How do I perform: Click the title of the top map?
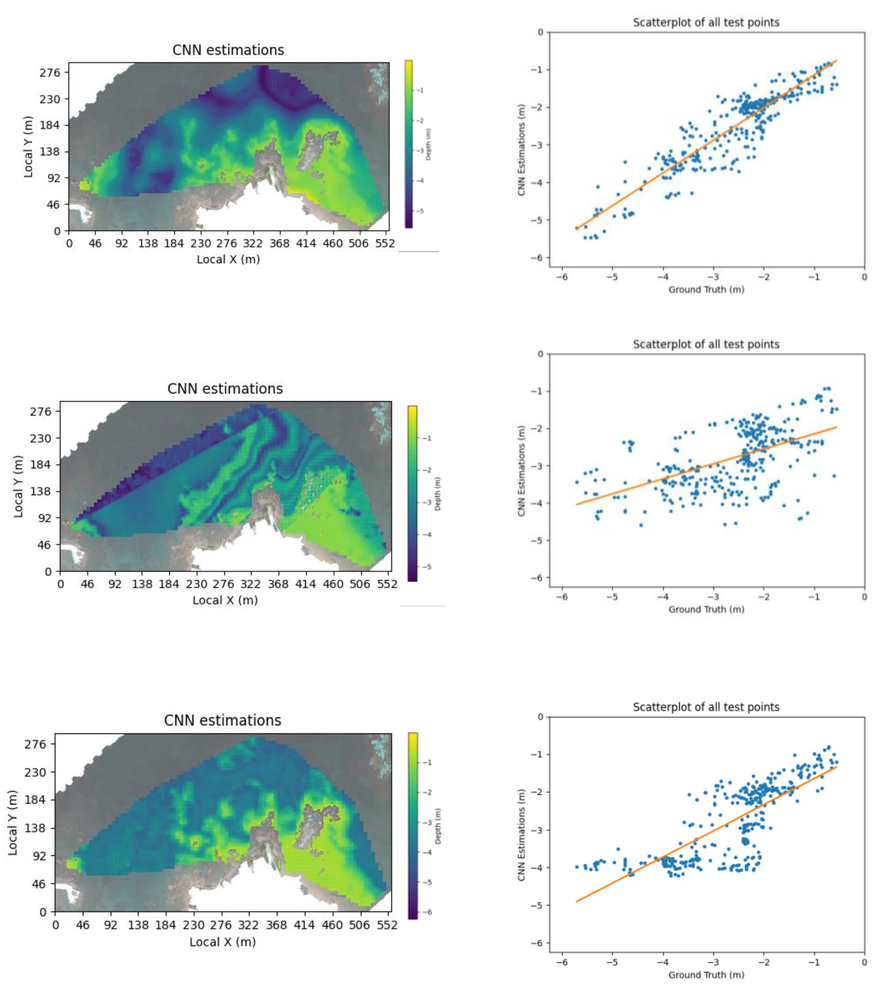[228, 50]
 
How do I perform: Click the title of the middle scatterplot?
[706, 344]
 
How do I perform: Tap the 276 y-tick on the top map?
[50, 73]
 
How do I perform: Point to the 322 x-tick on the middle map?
[250, 584]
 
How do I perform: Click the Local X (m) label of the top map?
[228, 260]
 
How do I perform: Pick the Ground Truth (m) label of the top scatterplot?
[706, 290]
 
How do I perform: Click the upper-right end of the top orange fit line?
[836, 61]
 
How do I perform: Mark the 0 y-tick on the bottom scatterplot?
[540, 717]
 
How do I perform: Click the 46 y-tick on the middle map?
[44, 545]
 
